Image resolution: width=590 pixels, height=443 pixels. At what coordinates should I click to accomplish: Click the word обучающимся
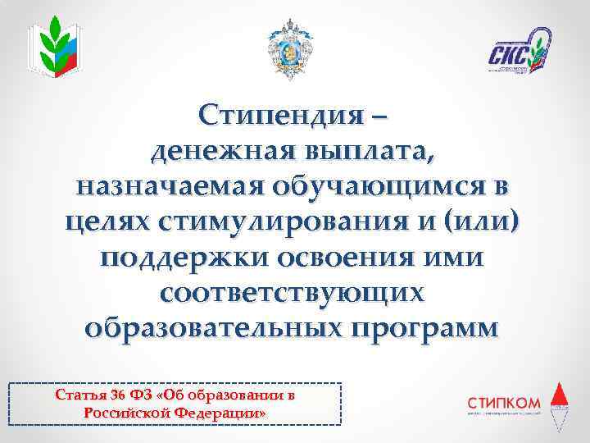point(376,187)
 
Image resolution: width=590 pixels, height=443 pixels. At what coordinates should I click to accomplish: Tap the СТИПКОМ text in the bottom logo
point(502,402)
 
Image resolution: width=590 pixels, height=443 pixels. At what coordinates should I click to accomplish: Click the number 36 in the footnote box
point(107,395)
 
